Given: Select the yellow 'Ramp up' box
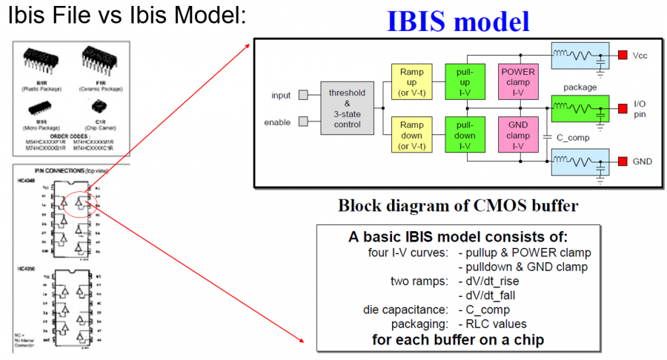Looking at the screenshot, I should coord(411,81).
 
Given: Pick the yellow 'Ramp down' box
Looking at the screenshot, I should coord(411,136).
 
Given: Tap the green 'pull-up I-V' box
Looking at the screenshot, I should coord(465,81).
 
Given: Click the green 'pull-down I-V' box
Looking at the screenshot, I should coord(465,136).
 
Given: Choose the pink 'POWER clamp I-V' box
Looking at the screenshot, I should coord(518,81).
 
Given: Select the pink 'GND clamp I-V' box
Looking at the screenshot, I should coord(518,136).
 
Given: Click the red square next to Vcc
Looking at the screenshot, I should coord(623,54).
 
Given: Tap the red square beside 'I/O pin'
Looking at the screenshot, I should coord(623,109).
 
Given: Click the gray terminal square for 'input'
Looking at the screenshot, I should coord(302,96).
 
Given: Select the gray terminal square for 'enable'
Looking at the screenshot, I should coord(302,121).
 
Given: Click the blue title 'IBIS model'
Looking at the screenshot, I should coord(458,21).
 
